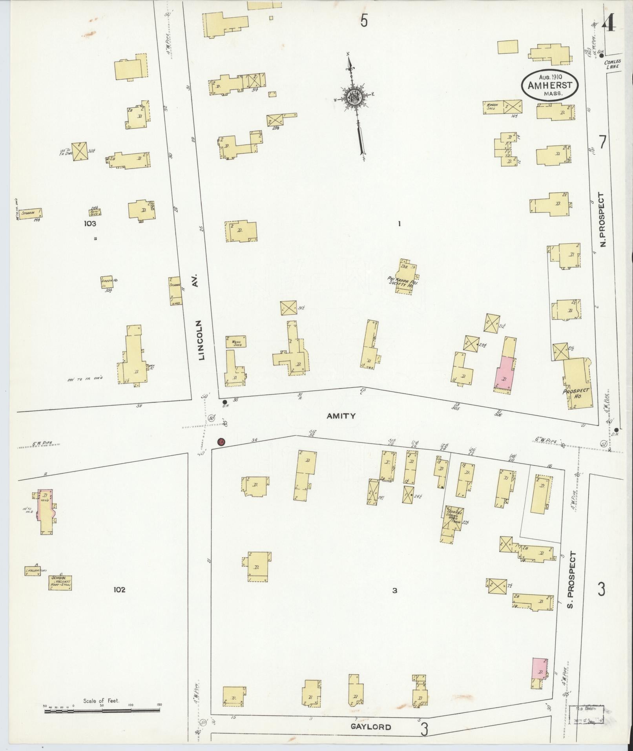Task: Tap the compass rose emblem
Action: click(x=353, y=96)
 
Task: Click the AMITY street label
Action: click(x=341, y=416)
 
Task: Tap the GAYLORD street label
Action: click(x=371, y=727)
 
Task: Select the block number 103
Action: click(x=89, y=224)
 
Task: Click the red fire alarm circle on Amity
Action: click(x=221, y=442)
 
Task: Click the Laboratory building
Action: click(x=33, y=571)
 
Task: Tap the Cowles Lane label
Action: click(x=612, y=64)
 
